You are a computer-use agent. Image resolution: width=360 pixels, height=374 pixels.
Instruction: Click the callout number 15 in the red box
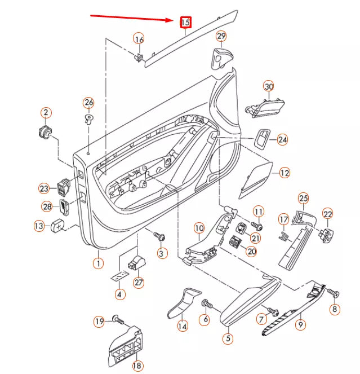185,23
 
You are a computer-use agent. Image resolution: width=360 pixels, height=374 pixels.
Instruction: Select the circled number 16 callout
139,39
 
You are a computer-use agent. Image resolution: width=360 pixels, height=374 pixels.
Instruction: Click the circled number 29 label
221,37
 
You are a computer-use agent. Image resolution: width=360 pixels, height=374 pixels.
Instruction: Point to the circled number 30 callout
269,86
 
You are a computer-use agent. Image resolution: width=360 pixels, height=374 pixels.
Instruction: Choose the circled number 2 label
46,113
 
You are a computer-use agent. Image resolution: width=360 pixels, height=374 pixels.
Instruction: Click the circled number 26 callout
88,103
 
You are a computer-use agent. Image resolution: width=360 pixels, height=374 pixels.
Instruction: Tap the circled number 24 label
282,139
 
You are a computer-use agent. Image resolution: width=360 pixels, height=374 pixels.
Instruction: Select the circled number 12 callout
284,173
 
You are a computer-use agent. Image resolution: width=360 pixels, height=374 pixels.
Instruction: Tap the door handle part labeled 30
265,107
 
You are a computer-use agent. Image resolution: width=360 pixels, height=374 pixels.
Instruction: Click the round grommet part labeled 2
45,133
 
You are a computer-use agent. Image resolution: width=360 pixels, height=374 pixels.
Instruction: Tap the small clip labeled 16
139,56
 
